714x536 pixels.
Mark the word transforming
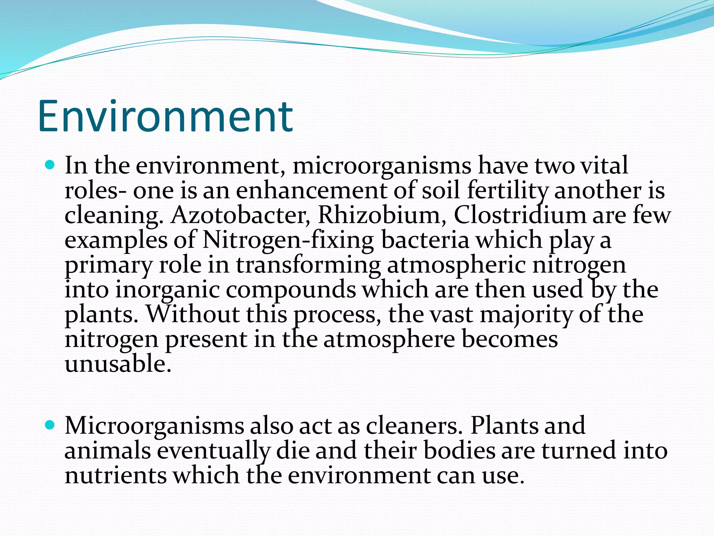point(308,265)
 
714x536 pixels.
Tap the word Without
point(192,314)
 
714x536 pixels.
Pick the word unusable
point(118,364)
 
